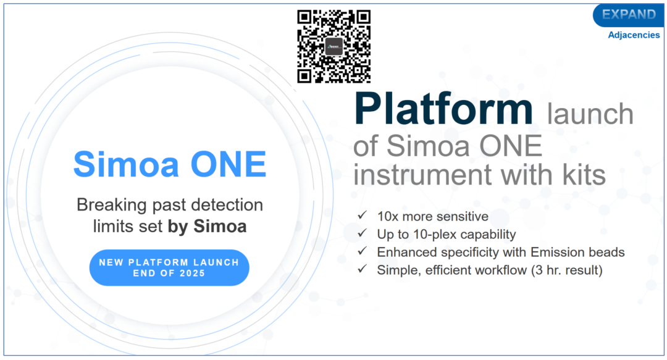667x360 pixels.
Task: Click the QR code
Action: coord(334,46)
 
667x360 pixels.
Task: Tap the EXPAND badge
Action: coord(629,15)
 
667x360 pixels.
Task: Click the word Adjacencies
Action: coord(634,35)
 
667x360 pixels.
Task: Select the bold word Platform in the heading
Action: coord(443,108)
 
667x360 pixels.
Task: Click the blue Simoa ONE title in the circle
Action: coord(170,164)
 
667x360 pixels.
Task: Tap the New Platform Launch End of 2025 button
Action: coord(169,267)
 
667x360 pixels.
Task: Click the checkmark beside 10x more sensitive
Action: coord(362,216)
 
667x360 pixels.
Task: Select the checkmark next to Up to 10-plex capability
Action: coord(362,233)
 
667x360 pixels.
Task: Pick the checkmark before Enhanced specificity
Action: coord(362,251)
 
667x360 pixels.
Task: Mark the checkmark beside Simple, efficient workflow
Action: coord(362,269)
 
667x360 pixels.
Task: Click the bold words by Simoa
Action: coord(207,227)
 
